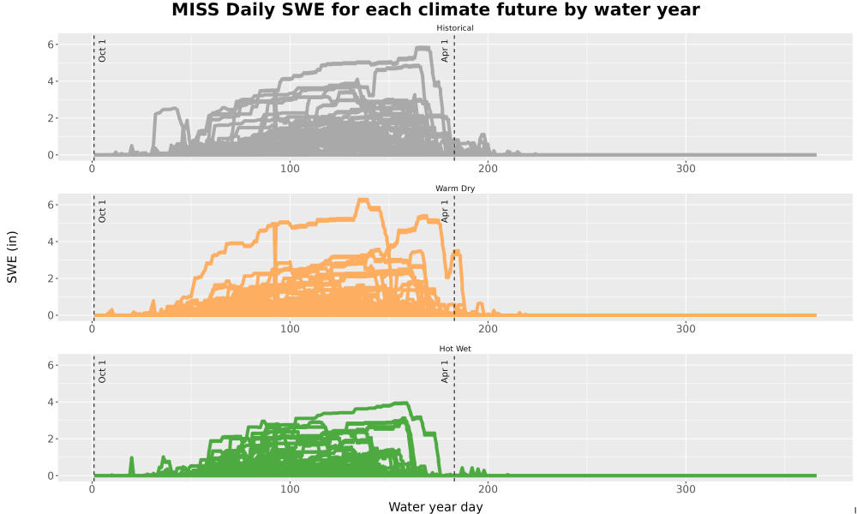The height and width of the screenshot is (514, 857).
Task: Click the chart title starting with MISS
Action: [435, 9]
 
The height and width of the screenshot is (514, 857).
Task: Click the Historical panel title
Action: [455, 28]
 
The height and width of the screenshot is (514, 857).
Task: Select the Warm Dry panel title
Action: [455, 188]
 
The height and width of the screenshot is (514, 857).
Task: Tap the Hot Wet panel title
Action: [455, 349]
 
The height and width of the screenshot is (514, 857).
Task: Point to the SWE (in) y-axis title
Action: [12, 257]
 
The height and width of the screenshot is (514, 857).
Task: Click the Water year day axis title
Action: [435, 507]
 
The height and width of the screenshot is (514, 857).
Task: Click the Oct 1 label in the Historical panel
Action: [102, 51]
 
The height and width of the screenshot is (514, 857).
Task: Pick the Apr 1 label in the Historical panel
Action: [445, 51]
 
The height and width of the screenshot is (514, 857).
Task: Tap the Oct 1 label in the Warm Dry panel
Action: [102, 211]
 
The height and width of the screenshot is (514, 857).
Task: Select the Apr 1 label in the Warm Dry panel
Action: [445, 211]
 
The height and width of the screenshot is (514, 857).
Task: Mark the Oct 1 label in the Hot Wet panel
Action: [102, 372]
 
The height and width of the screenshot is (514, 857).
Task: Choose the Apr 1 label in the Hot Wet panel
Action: [445, 372]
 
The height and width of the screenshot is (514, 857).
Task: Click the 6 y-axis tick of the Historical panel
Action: [51, 45]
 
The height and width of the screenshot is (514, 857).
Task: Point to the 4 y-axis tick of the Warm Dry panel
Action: [51, 242]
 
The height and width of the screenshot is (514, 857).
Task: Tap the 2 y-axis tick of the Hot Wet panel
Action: [51, 439]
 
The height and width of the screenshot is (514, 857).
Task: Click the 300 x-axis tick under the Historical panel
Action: [686, 169]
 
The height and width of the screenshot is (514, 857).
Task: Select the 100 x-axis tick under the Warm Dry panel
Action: [290, 329]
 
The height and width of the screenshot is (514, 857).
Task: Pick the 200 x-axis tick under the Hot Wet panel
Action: [488, 489]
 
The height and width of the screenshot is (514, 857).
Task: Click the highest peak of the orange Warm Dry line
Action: [363, 200]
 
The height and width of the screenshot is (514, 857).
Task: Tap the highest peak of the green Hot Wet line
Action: [405, 403]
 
